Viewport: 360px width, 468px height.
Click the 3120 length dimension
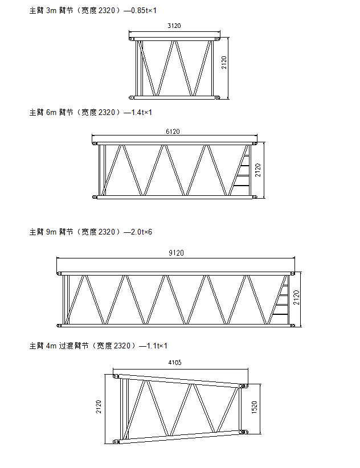pyautogui.click(x=174, y=26)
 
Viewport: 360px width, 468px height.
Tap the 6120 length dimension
pyautogui.click(x=173, y=132)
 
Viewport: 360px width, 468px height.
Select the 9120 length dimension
pyautogui.click(x=176, y=253)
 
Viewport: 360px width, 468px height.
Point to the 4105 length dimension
pyautogui.click(x=175, y=362)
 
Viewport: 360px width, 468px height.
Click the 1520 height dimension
pyautogui.click(x=254, y=407)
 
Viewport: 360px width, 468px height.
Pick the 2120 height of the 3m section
pyautogui.click(x=224, y=63)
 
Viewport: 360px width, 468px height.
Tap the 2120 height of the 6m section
pyautogui.click(x=257, y=170)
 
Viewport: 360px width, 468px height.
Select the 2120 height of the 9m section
pyautogui.click(x=296, y=297)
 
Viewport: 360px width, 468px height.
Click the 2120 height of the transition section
pyautogui.click(x=99, y=407)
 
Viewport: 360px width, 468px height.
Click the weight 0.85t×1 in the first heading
pyautogui.click(x=144, y=10)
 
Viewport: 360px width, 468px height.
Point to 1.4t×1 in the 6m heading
pyautogui.click(x=142, y=112)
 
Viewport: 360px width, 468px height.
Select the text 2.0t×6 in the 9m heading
pyautogui.click(x=141, y=232)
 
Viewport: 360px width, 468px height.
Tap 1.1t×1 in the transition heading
pyautogui.click(x=157, y=346)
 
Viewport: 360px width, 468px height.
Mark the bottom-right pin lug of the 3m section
pyautogui.click(x=218, y=97)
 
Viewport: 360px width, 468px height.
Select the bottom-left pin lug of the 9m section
pyautogui.click(x=59, y=325)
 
